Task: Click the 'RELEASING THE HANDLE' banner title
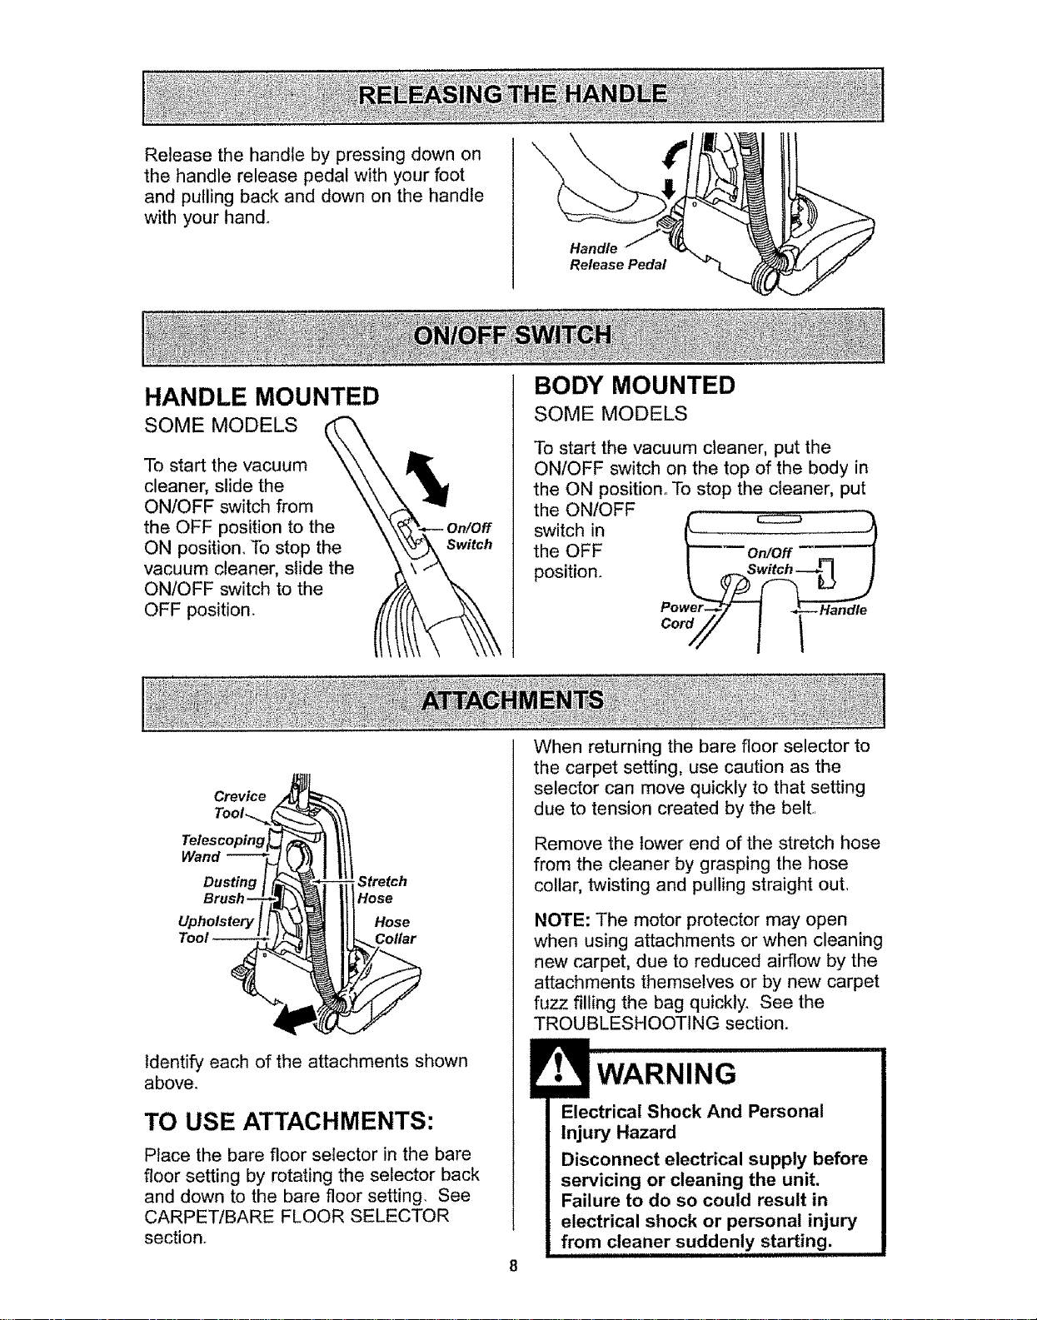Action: (513, 96)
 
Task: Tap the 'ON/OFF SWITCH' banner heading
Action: (513, 335)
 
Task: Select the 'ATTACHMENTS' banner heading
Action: (513, 700)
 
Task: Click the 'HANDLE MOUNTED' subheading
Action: (262, 396)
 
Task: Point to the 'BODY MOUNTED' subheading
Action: (634, 385)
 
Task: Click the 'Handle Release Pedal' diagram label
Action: (617, 257)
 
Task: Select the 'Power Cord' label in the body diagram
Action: (681, 615)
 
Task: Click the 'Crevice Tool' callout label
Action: (239, 804)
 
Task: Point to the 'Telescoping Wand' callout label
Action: (223, 848)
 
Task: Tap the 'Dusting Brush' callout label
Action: (230, 890)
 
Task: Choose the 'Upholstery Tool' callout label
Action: (216, 929)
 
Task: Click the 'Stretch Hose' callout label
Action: (382, 889)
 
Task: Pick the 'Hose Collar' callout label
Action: (395, 930)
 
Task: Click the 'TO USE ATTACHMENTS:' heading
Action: (288, 1122)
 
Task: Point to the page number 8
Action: (513, 1266)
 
